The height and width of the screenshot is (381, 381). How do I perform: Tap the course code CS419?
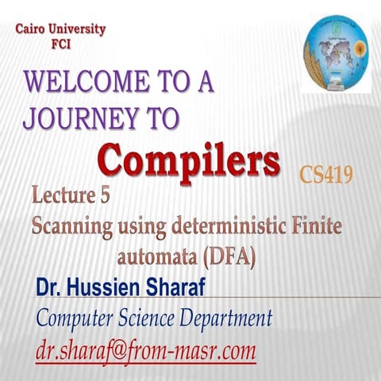click(x=326, y=174)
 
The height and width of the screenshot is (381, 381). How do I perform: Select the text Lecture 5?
click(x=75, y=196)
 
